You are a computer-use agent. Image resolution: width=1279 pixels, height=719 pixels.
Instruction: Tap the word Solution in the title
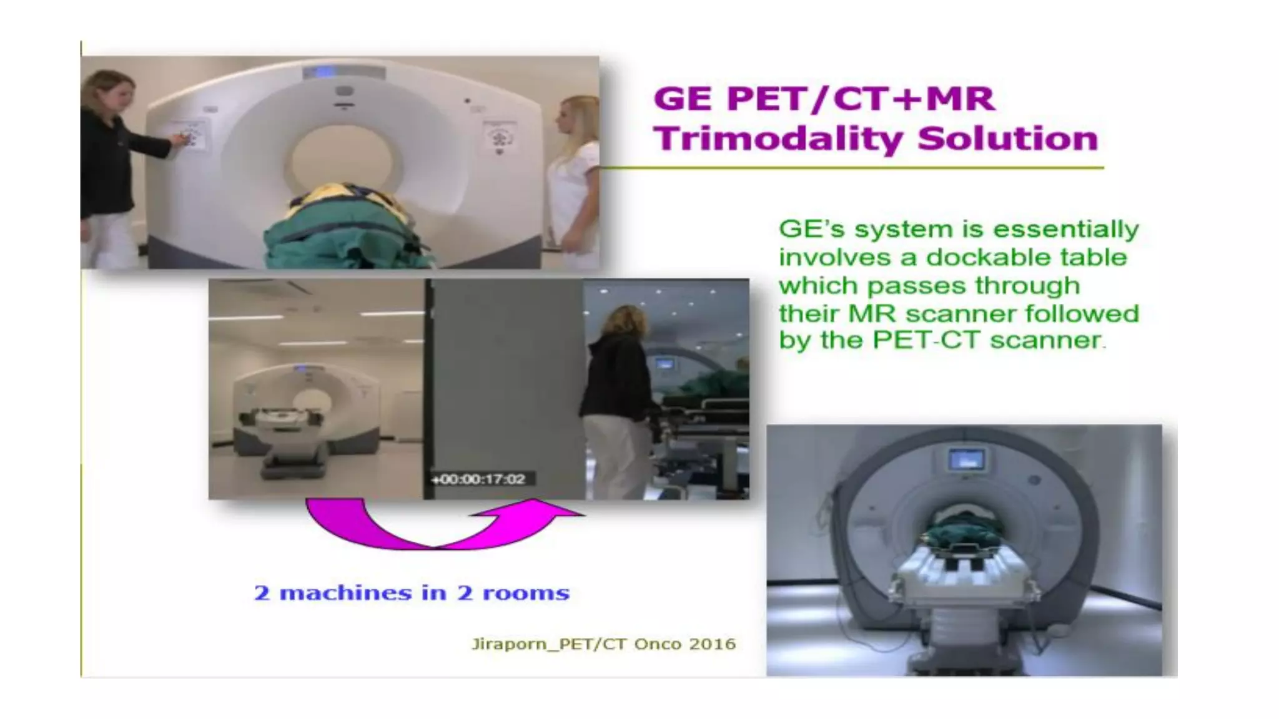(x=1007, y=139)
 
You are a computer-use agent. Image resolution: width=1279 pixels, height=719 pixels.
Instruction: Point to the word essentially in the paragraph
(x=1065, y=229)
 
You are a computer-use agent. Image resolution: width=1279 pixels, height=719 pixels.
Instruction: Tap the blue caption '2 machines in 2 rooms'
(x=412, y=592)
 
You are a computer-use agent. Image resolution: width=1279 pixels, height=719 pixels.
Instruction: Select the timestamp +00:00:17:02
(x=478, y=479)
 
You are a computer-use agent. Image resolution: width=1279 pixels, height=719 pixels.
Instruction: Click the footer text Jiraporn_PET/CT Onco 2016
(x=603, y=643)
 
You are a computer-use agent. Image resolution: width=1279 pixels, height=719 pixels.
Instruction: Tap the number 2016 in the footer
(x=712, y=643)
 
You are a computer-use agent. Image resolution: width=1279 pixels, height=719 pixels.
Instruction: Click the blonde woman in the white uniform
(x=573, y=181)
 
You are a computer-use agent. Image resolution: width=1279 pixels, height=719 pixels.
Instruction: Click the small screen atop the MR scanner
(x=966, y=461)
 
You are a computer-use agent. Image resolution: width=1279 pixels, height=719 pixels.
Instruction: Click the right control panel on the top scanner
(x=500, y=137)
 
